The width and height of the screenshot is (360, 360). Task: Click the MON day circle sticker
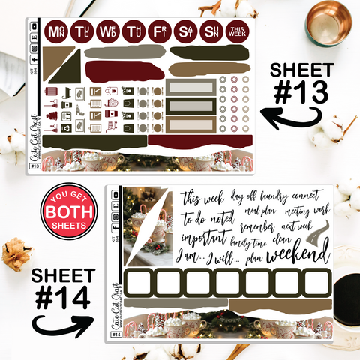coord(55,32)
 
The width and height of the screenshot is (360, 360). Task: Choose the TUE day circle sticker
coord(81,32)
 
